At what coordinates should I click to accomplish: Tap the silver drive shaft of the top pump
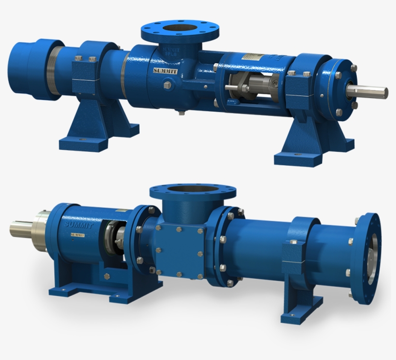click(371, 91)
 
